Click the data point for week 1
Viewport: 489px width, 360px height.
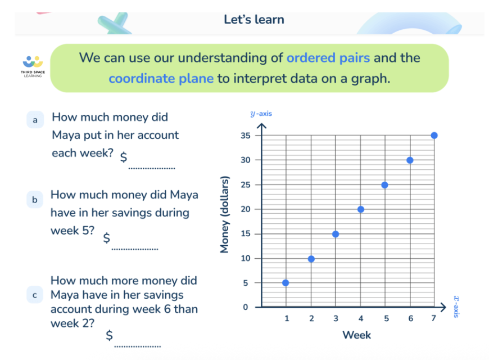(286, 282)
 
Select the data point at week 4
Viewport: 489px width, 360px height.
(360, 209)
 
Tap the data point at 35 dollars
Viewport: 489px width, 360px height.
(434, 136)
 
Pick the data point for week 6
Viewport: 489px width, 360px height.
(410, 160)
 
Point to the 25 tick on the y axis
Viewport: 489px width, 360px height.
(244, 184)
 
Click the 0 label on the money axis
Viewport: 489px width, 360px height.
(246, 307)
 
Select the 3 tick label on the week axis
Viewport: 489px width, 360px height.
(336, 319)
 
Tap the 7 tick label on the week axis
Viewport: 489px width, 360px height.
(433, 319)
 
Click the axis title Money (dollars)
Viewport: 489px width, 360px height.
(225, 215)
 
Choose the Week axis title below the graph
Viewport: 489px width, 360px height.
(356, 335)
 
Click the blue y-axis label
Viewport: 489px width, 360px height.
(261, 114)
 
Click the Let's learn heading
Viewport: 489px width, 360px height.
(254, 20)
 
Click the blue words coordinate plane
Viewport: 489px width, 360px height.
(161, 79)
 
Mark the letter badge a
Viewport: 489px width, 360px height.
(35, 120)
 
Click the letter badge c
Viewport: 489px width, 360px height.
(35, 295)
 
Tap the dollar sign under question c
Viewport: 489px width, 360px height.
(110, 336)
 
